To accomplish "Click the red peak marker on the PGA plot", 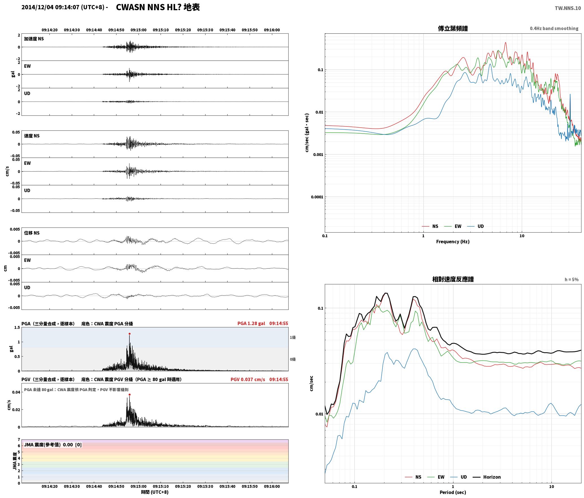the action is (129, 334).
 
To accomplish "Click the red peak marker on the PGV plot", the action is (129, 394).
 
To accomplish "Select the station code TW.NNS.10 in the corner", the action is (568, 8).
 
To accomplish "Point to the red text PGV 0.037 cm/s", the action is (248, 379).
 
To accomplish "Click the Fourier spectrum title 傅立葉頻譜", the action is (453, 29).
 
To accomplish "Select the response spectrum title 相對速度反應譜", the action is (453, 279).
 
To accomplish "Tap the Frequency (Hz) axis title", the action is (453, 241).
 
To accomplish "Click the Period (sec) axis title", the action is (453, 492).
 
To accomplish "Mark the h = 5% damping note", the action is (572, 280).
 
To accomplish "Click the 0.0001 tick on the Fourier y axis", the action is (317, 197).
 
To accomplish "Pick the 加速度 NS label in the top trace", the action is (34, 39).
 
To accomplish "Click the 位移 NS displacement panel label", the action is (32, 233).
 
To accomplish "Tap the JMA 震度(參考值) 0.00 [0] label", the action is (53, 445).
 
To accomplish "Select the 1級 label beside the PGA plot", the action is (293, 337).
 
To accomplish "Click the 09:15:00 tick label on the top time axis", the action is (139, 30).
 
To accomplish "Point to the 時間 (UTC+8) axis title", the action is (155, 492).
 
